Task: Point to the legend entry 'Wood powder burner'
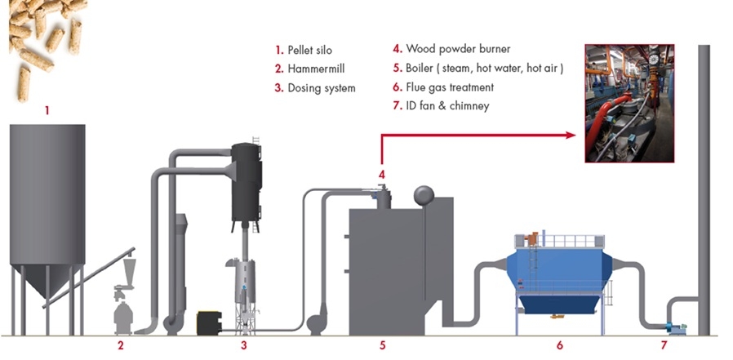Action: coord(458,49)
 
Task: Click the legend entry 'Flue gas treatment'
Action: coord(455,87)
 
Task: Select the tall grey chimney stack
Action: coord(702,188)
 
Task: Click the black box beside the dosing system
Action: coord(210,322)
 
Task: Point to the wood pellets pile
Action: coord(45,37)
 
